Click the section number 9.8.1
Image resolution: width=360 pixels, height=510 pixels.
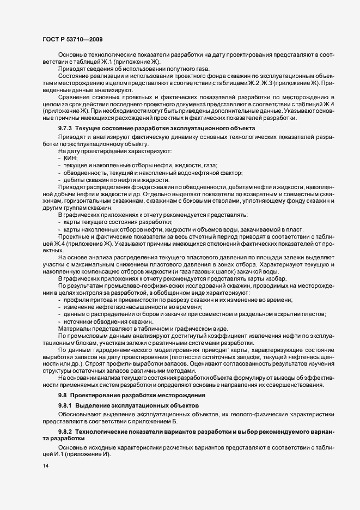pyautogui.click(x=66, y=406)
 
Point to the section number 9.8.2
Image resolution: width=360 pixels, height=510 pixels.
pyautogui.click(x=66, y=431)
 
